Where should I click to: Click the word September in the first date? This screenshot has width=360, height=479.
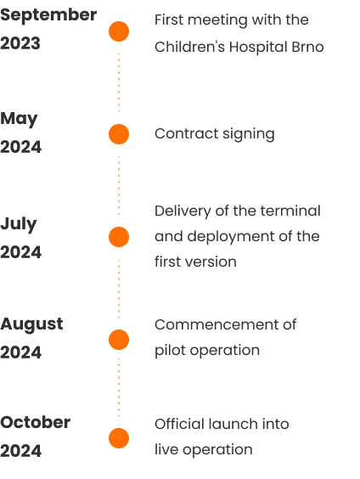pos(48,15)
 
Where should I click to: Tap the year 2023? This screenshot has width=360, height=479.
pos(20,43)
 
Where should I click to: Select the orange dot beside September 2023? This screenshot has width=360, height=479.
pos(119,31)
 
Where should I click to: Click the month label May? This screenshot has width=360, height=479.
pos(19,119)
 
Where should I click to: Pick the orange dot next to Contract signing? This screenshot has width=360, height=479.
pos(119,134)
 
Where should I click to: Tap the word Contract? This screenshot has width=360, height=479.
pos(186,133)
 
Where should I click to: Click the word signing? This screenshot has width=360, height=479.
pos(249,134)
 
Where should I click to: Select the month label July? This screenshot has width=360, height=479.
pos(19,224)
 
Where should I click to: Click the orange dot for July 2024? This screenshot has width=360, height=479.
pos(119,237)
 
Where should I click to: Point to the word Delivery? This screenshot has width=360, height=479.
pos(183,211)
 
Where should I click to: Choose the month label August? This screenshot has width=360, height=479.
pos(31,324)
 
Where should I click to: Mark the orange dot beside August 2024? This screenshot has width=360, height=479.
pos(119,340)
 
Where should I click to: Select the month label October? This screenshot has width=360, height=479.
pos(36,422)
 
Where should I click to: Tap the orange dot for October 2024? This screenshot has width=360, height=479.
pos(119,438)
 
